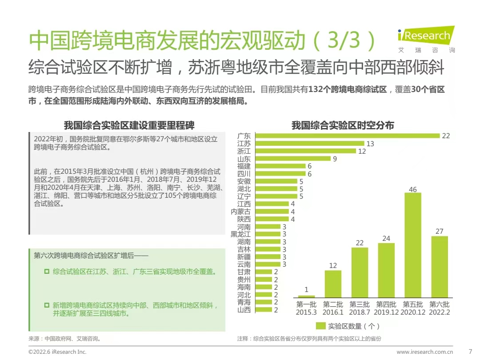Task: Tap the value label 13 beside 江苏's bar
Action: point(370,144)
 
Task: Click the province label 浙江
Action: point(244,151)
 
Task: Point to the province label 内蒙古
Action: point(240,212)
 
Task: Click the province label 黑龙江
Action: point(240,234)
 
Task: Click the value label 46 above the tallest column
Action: point(412,189)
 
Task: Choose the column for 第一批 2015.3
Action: point(306,296)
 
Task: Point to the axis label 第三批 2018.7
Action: point(360,308)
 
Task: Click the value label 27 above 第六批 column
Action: point(439,232)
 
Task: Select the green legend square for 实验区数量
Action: point(320,326)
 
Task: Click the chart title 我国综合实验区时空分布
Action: point(343,125)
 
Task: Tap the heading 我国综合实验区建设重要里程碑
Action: point(129,125)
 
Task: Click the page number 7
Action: point(471,352)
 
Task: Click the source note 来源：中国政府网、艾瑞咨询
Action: point(65,339)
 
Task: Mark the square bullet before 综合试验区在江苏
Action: point(47,271)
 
